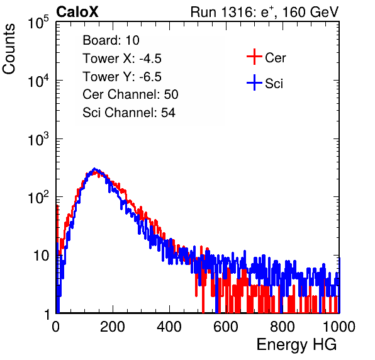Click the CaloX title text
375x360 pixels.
[77, 12]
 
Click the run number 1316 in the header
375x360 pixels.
[235, 12]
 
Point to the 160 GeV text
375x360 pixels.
[310, 12]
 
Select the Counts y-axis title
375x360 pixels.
[9, 49]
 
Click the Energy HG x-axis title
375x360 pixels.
[296, 345]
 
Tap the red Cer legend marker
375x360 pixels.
[254, 57]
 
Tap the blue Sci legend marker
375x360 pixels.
[254, 83]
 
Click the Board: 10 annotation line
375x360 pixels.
[111, 40]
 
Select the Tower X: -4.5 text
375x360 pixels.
[122, 59]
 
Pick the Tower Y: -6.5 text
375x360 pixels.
[122, 77]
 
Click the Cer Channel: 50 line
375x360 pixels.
[130, 94]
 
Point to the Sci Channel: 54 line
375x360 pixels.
[129, 113]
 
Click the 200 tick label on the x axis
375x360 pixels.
[113, 327]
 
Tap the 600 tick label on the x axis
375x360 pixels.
[226, 327]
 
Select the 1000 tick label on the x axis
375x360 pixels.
[339, 327]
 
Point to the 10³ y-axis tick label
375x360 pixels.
[38, 139]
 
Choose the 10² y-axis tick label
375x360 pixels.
[38, 197]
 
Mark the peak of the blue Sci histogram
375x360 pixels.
[94, 169]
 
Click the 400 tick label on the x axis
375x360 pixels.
[169, 327]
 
